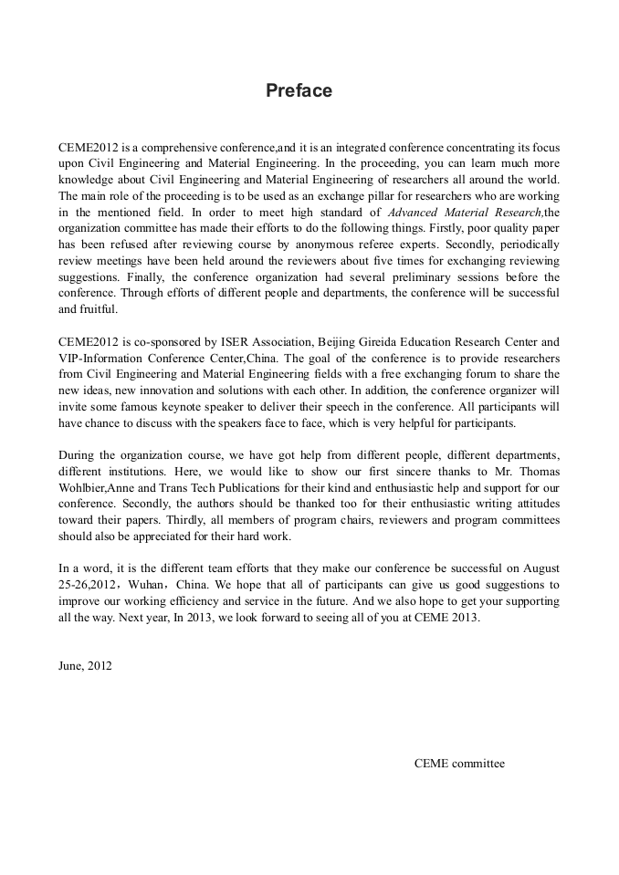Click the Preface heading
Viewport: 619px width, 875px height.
(x=299, y=91)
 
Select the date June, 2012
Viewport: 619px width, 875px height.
(x=85, y=665)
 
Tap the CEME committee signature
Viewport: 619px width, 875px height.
(x=459, y=764)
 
